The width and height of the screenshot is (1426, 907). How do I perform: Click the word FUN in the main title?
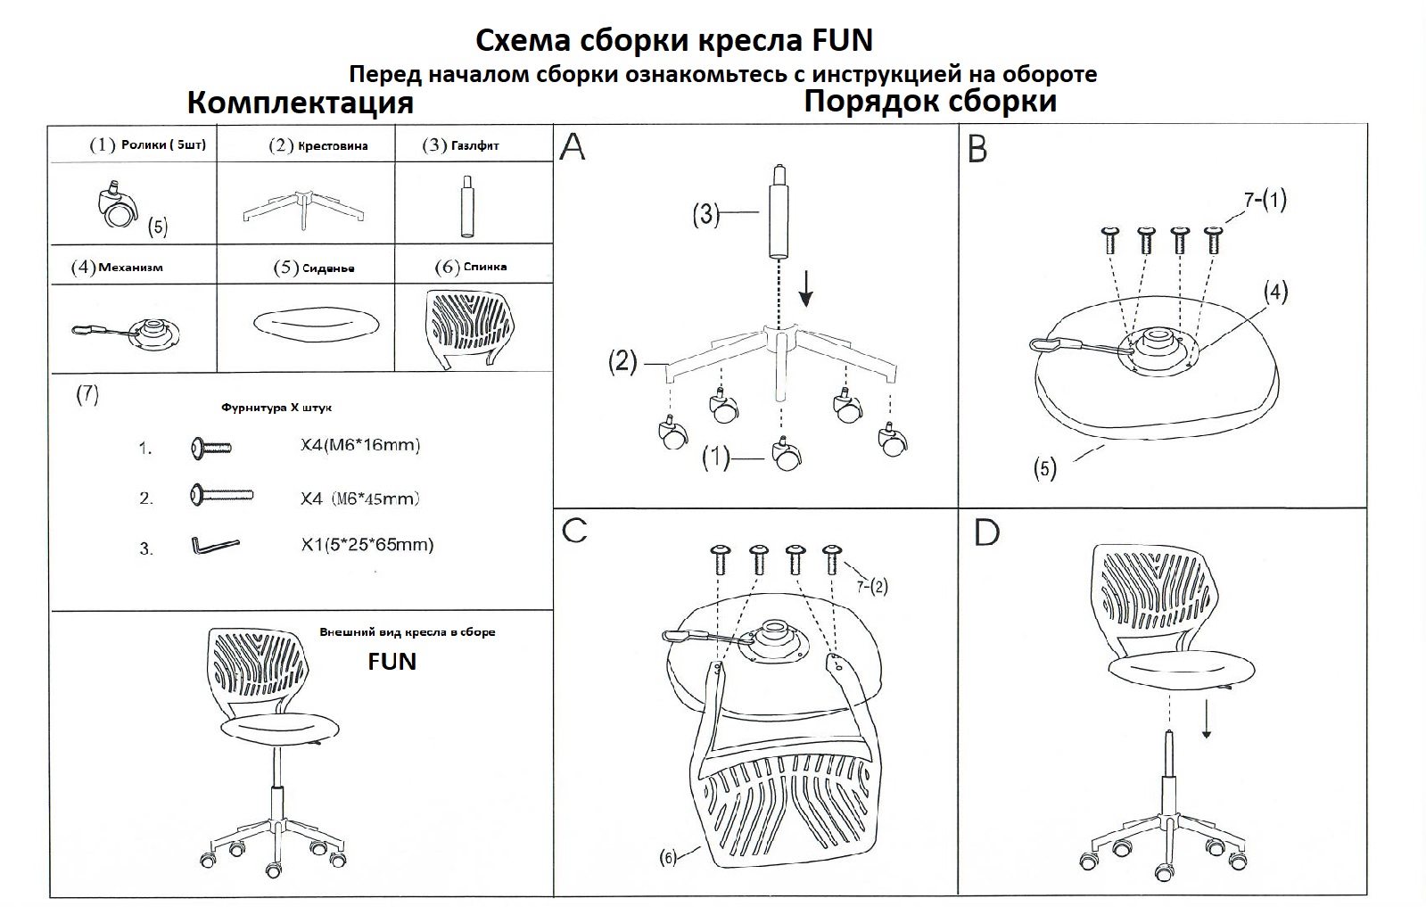(842, 40)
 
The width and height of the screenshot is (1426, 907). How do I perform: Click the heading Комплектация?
(300, 103)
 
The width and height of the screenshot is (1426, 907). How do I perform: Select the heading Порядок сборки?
(930, 101)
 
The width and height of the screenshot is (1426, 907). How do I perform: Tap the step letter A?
(573, 146)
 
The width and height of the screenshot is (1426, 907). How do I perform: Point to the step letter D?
(986, 532)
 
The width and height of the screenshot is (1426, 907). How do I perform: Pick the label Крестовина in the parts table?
(332, 145)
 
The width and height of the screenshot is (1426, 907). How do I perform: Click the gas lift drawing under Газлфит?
(466, 206)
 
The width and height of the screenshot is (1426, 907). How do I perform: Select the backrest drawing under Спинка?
(469, 325)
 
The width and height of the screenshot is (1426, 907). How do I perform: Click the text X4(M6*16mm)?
(359, 444)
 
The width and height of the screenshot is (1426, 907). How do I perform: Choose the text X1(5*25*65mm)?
(367, 544)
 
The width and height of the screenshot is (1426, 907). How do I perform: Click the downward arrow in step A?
(805, 287)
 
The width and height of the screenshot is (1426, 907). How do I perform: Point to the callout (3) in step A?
(705, 214)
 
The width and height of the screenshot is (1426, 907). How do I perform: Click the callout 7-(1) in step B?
(1265, 200)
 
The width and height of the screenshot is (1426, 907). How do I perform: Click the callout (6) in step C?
(668, 858)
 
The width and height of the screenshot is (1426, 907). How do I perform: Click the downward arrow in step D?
(1207, 717)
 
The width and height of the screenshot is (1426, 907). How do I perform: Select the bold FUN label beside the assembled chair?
(392, 661)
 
